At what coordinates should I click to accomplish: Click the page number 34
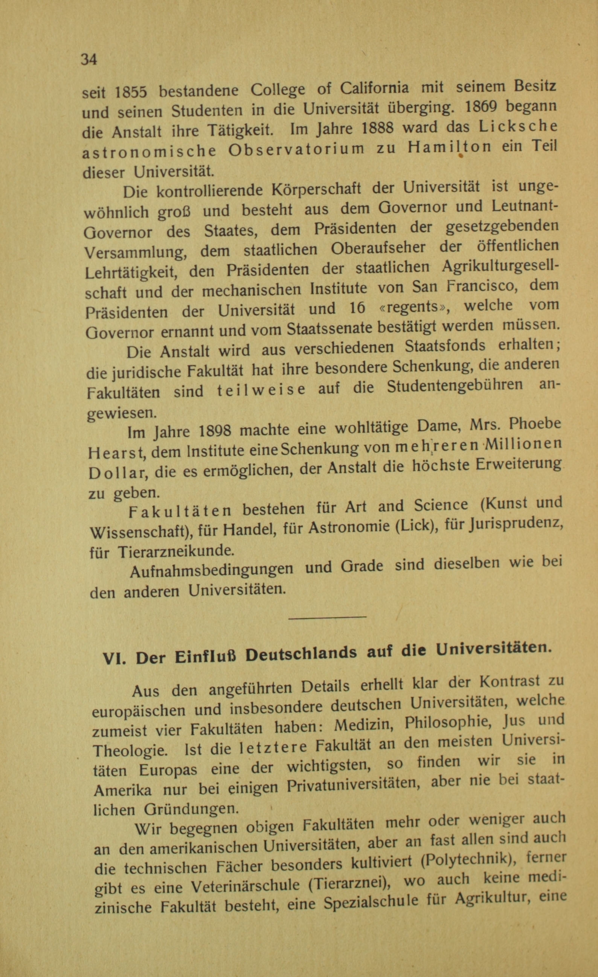point(89,59)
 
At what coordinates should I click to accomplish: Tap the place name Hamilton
point(449,148)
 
